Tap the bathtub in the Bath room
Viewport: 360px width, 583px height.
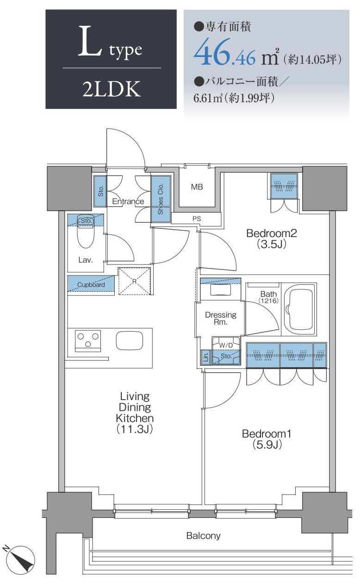(299, 309)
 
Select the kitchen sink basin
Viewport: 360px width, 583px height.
(130, 340)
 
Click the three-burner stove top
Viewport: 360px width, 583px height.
(88, 340)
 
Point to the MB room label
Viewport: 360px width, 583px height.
(197, 187)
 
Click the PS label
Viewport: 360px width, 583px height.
(197, 219)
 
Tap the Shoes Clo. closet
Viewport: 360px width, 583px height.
(161, 199)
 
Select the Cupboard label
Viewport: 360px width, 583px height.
(91, 284)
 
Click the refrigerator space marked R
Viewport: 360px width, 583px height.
(135, 281)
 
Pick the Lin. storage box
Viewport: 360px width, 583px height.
(206, 357)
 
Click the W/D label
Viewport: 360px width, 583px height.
(226, 345)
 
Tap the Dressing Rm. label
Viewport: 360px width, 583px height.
(221, 318)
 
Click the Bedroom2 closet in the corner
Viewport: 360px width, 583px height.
(284, 186)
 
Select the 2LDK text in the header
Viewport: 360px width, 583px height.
(112, 89)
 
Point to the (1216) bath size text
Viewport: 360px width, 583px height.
(268, 301)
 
